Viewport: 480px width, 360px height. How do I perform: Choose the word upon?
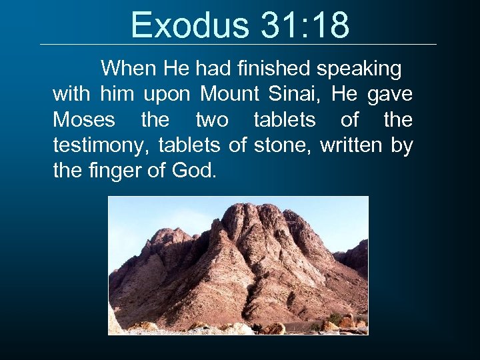167,95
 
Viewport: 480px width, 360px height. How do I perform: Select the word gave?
389,95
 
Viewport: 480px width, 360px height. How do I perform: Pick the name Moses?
83,120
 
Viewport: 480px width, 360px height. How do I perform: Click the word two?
212,120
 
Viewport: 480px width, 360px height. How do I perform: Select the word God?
194,171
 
